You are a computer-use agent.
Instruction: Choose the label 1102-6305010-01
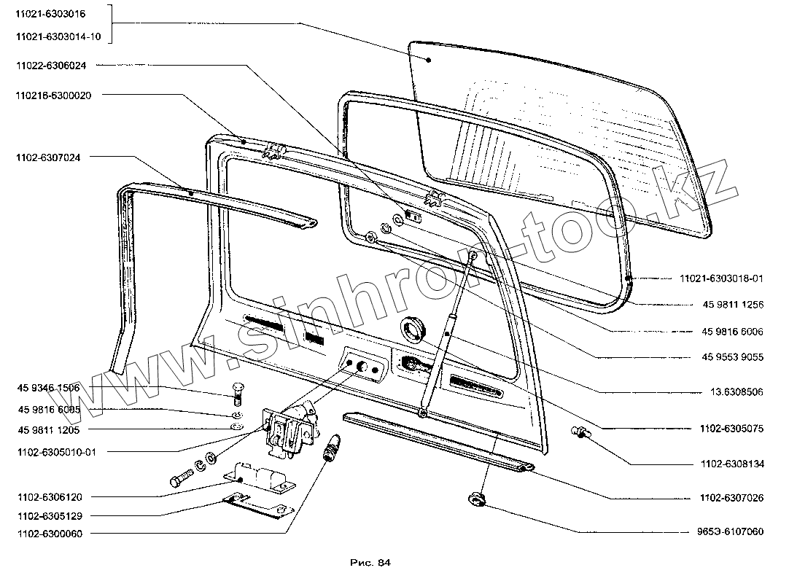click(x=54, y=452)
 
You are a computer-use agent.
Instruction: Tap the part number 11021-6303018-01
click(x=722, y=278)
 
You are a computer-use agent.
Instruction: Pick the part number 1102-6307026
click(x=731, y=498)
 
